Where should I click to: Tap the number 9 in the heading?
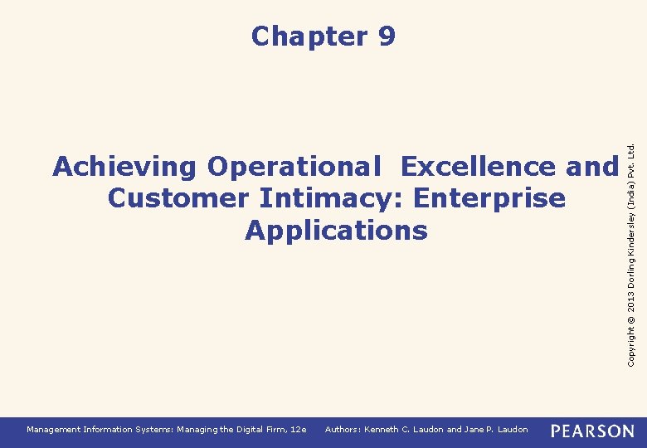(386, 37)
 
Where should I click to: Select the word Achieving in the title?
(124, 167)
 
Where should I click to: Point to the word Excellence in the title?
(478, 167)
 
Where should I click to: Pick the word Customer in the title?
(178, 198)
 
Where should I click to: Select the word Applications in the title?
(336, 230)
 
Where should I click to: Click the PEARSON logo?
(592, 431)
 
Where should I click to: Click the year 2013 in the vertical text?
(632, 299)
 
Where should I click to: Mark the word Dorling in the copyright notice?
(632, 265)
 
